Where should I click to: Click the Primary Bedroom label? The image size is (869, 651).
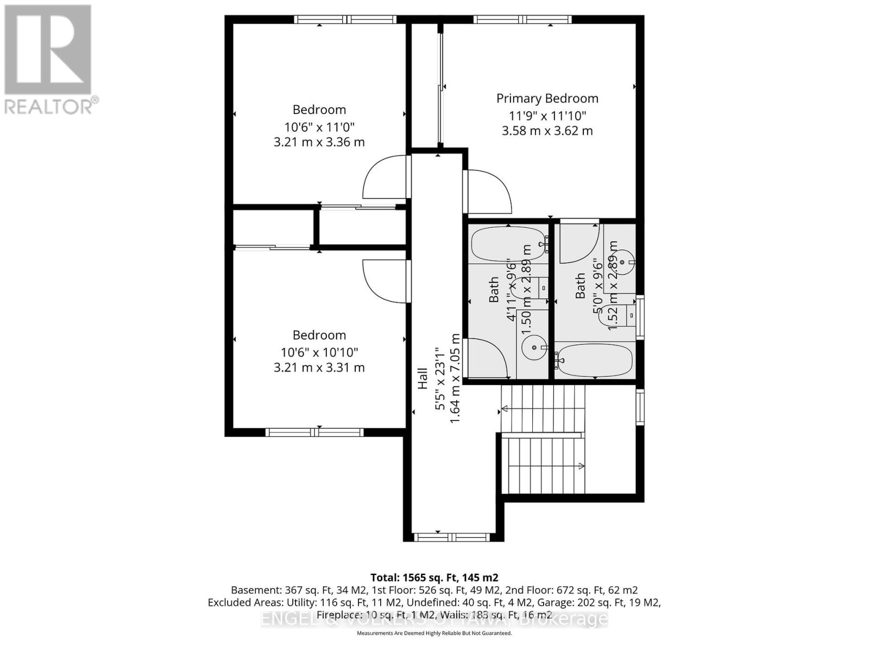(x=547, y=98)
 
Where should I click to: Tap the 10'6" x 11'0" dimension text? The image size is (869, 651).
(x=319, y=127)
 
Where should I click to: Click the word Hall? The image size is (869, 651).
(x=423, y=379)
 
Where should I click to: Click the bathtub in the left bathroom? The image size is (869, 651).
(x=508, y=245)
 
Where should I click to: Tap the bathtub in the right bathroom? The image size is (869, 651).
(x=595, y=360)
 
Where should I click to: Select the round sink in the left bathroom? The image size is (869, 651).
(x=534, y=347)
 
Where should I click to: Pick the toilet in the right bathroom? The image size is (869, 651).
(x=614, y=316)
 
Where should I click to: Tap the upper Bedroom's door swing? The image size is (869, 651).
(x=385, y=177)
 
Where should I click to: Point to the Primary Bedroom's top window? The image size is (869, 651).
(x=522, y=20)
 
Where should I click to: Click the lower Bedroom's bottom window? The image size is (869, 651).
(x=314, y=432)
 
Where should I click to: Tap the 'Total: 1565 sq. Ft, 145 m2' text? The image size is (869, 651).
(x=434, y=578)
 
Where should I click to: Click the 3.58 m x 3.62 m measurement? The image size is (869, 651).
(x=547, y=131)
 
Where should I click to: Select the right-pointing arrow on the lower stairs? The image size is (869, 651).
(x=581, y=466)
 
